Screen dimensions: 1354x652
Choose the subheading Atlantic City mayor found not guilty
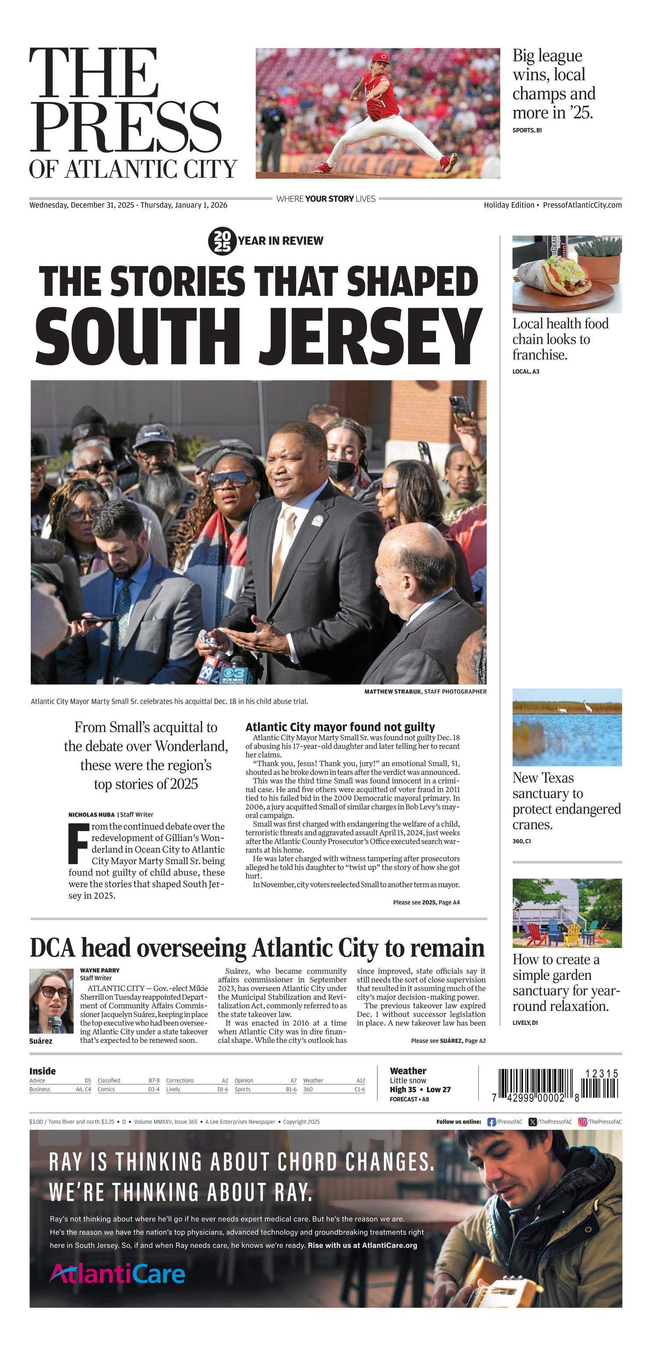[x=340, y=727]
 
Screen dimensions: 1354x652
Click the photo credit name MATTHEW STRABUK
[x=393, y=692]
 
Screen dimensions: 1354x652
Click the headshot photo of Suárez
[x=51, y=1001]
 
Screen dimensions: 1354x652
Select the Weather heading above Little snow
[x=408, y=1071]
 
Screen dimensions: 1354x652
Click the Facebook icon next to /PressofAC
[x=491, y=1122]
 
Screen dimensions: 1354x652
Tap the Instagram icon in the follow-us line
[x=582, y=1122]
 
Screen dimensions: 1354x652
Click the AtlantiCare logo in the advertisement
[x=117, y=1274]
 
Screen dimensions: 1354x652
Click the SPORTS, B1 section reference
[x=527, y=130]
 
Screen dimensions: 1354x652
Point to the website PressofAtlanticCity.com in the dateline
[x=582, y=205]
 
